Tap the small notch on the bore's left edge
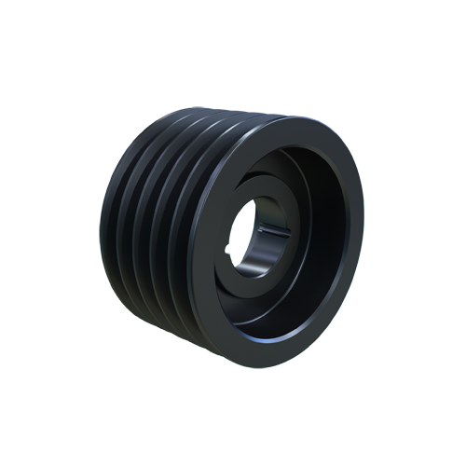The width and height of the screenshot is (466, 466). tap(230, 246)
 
